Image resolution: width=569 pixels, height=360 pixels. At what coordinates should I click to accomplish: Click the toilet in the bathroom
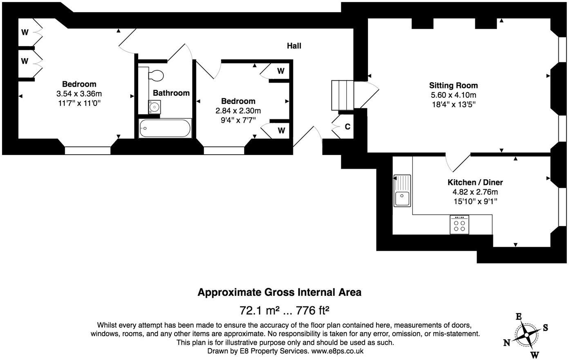155,76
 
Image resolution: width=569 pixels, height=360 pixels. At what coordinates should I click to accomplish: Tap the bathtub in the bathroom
165,128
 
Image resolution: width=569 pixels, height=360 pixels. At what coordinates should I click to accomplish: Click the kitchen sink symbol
402,191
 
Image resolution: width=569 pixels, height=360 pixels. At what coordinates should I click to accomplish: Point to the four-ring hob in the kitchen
459,225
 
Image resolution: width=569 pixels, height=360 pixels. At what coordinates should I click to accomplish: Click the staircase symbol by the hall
342,95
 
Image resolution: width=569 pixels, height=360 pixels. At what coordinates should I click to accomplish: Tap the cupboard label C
347,127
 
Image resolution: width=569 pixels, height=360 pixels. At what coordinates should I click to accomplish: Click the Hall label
294,46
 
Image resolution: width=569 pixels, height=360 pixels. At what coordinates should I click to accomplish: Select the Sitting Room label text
453,85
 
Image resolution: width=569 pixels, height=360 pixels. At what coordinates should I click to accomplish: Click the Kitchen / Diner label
475,182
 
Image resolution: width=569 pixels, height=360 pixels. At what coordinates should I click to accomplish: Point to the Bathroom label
171,93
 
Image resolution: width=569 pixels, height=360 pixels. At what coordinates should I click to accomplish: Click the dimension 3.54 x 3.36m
79,94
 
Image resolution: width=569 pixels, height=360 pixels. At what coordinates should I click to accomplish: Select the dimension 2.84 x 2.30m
238,110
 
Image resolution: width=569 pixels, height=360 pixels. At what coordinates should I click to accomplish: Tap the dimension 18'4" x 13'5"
453,104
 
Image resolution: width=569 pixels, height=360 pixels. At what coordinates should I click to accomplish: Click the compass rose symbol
526,335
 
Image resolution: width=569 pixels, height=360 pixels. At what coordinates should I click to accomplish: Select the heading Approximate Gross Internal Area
280,292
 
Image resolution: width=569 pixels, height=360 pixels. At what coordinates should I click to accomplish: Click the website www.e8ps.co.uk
337,351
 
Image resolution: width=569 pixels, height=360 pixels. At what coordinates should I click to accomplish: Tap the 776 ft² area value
313,310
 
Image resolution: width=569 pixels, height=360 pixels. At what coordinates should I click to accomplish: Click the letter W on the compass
534,354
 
